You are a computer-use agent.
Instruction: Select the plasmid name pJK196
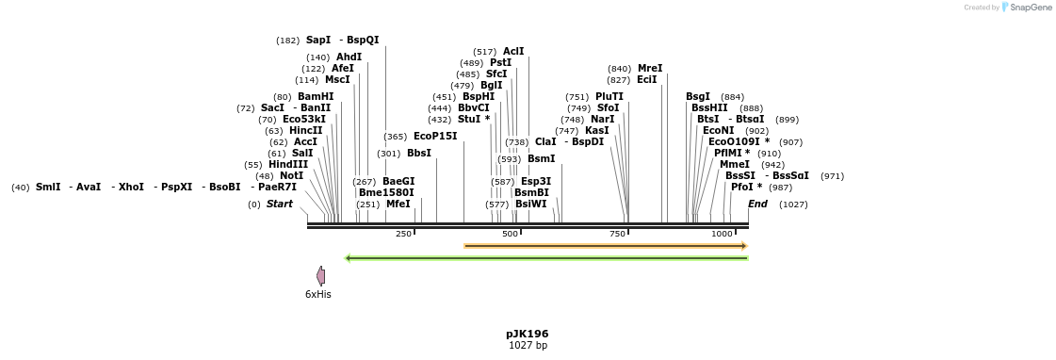(527, 334)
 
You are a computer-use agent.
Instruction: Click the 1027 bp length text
(527, 346)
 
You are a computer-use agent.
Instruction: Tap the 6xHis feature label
(317, 294)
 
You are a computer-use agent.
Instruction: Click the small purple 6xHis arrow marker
(321, 275)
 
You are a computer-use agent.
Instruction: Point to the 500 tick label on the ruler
(510, 234)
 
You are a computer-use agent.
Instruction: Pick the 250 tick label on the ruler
(403, 234)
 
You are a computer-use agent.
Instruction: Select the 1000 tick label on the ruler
(722, 234)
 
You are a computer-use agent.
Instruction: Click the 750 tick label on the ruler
(618, 234)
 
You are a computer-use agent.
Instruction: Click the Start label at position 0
(279, 204)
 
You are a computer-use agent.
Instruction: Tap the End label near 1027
(757, 204)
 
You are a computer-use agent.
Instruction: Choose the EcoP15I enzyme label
(435, 136)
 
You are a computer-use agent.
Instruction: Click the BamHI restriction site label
(316, 96)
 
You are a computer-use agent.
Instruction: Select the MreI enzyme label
(650, 68)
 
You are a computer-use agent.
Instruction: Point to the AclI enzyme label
(513, 51)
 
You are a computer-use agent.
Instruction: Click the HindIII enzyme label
(288, 164)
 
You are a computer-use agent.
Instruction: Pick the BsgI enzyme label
(698, 96)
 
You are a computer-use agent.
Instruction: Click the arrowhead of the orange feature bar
(744, 246)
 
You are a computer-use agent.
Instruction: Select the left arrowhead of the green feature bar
(349, 257)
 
